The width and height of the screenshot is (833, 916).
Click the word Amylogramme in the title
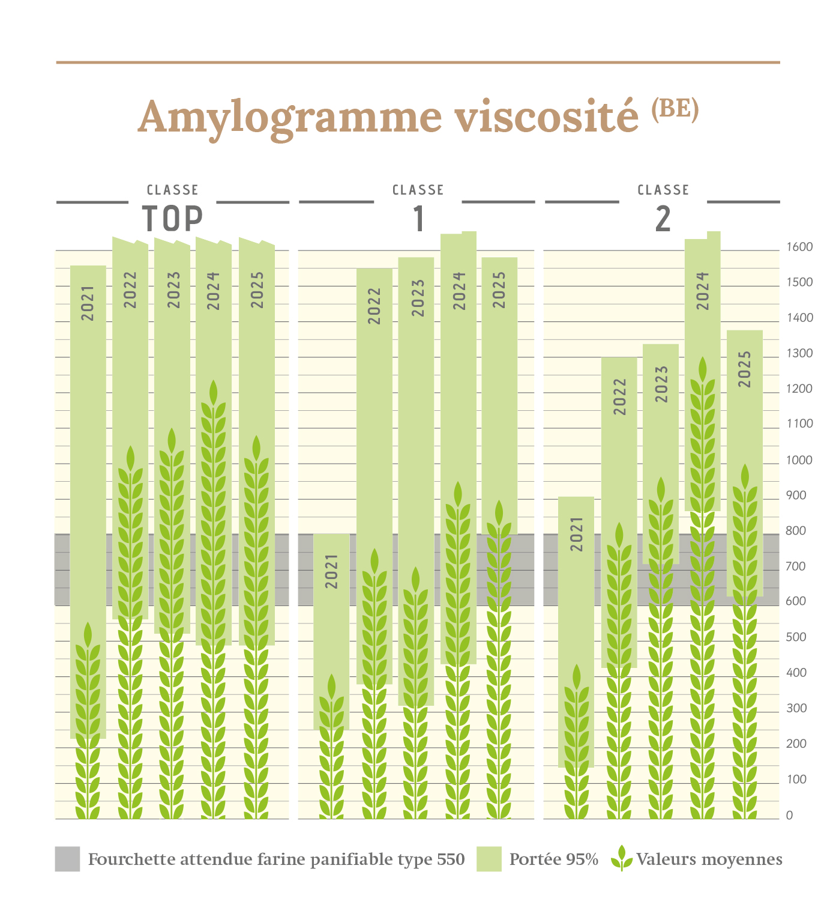tap(290, 117)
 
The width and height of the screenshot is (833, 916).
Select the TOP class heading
tap(172, 218)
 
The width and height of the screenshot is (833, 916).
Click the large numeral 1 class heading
tap(419, 219)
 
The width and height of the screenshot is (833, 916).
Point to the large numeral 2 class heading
tap(663, 219)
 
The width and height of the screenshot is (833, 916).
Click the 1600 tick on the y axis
tap(799, 247)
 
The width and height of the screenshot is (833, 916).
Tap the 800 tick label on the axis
tap(796, 531)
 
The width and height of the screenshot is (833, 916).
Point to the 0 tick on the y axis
tap(789, 815)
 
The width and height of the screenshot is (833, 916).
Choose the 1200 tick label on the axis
tap(799, 389)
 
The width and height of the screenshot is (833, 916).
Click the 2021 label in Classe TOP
tap(88, 303)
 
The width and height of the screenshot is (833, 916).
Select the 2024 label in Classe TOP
tap(214, 291)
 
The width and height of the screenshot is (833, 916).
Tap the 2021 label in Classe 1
tap(331, 571)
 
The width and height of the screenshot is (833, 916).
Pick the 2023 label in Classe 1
tap(418, 299)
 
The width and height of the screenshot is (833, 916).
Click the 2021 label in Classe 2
tap(576, 534)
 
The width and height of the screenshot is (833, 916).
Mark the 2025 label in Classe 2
tap(744, 369)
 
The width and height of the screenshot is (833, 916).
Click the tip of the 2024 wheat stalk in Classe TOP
tap(213, 384)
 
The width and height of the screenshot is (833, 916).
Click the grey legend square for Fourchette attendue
tap(67, 859)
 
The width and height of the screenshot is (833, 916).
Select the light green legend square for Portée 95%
tap(489, 859)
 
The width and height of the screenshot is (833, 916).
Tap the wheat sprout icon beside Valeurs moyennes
tap(622, 858)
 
